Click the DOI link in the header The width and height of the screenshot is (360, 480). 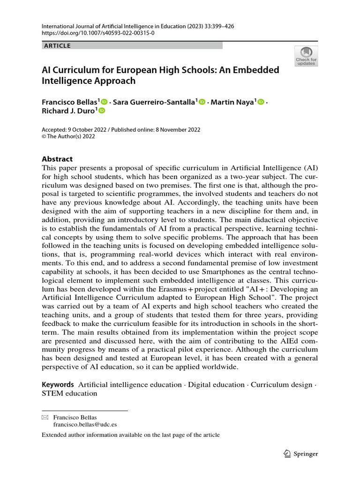tap(98, 33)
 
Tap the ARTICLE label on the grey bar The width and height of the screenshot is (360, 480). tap(57, 46)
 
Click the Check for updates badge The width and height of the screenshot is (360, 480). tap(306, 56)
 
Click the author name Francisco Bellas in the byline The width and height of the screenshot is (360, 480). tap(69, 102)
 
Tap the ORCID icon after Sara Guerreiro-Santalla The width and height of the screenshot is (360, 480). tap(202, 102)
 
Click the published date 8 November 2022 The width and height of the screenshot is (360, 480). tap(175, 130)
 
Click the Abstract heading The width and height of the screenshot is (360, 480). tap(57, 159)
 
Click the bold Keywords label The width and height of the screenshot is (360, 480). tap(58, 384)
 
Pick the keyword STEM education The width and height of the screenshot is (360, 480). tap(69, 393)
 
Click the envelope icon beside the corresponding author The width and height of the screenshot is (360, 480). tap(45, 417)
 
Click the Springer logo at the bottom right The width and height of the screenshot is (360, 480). tap(301, 454)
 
